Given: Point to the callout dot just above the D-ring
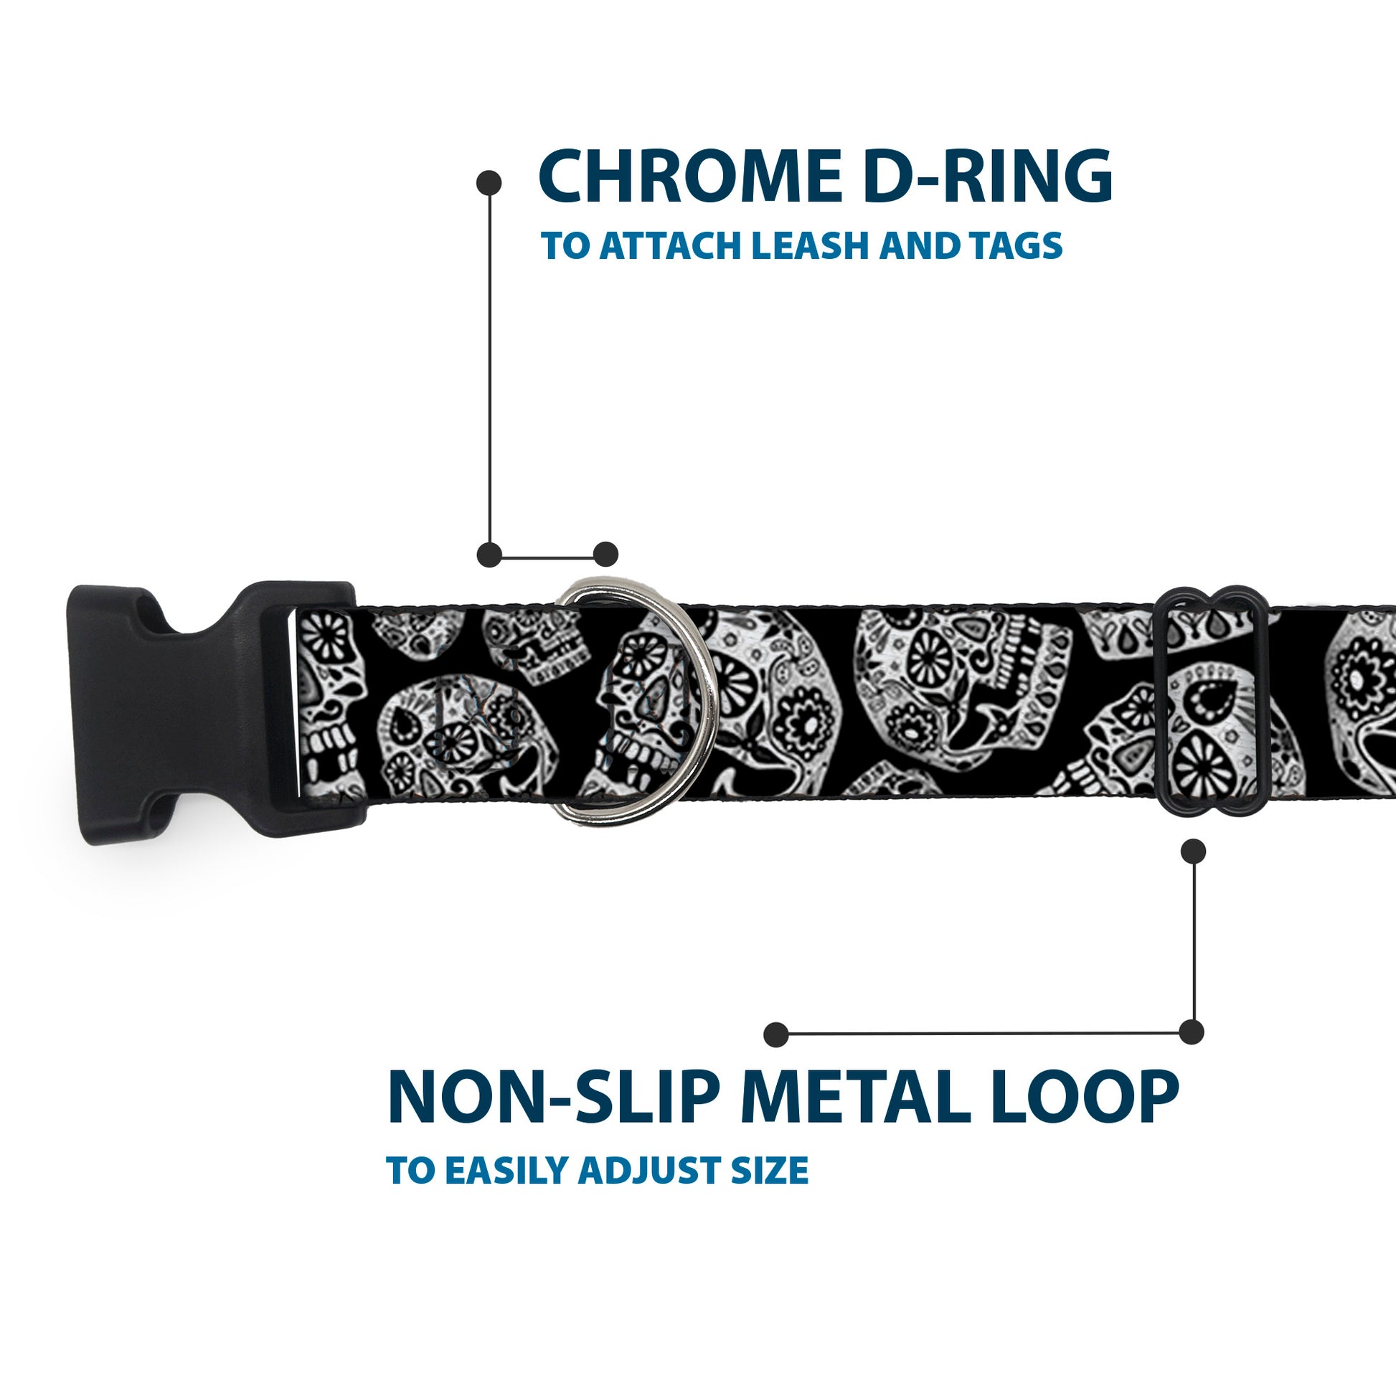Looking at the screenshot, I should pyautogui.click(x=605, y=555).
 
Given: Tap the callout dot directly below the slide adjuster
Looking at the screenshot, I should pyautogui.click(x=1193, y=852).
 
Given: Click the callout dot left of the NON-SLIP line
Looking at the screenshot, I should pyautogui.click(x=776, y=1034).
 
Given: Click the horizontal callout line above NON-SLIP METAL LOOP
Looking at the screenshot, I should pyautogui.click(x=983, y=1034).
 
